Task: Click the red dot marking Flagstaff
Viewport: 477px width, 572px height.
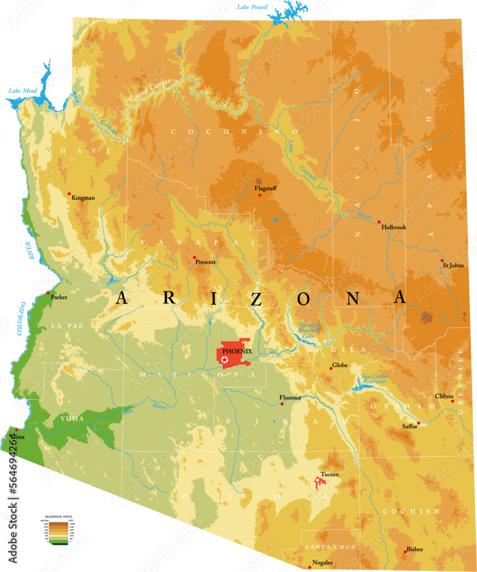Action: coord(259,195)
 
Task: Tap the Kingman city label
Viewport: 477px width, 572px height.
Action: coord(83,198)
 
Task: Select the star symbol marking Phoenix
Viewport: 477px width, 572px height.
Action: coord(224,359)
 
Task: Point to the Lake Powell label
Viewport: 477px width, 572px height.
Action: coord(252,7)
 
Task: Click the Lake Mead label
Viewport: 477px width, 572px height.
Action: coord(23,90)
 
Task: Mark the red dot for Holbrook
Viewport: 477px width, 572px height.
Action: coord(379,222)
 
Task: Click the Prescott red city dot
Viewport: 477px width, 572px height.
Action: coord(195,257)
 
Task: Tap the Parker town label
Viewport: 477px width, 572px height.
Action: coord(59,297)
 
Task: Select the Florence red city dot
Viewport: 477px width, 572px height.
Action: coord(282,404)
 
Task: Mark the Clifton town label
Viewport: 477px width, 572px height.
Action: coord(444,396)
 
